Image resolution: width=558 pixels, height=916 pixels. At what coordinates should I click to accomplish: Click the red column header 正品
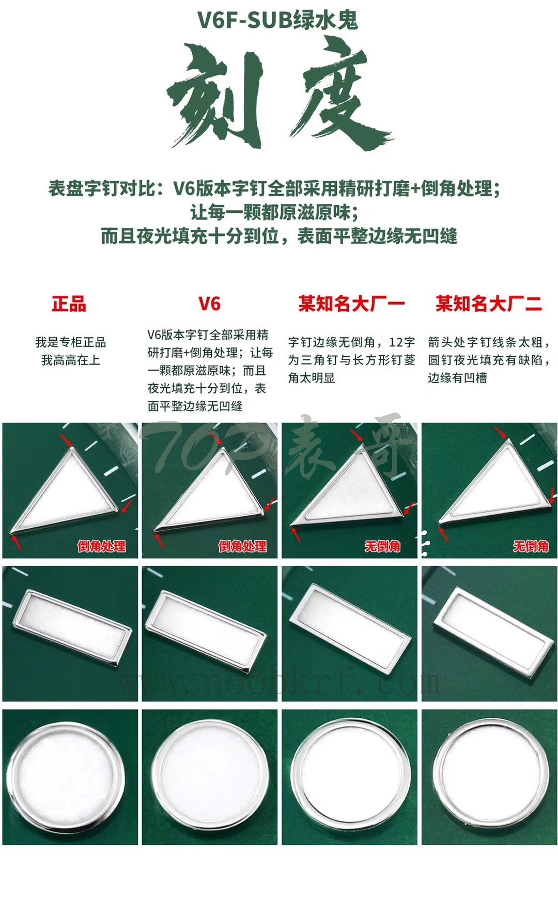pos(69,304)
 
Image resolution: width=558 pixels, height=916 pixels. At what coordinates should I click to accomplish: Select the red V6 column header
pos(209,304)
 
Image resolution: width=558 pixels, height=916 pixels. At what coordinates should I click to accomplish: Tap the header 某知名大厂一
pos(351,304)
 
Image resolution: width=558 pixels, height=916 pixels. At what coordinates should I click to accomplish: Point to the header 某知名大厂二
pos(489,304)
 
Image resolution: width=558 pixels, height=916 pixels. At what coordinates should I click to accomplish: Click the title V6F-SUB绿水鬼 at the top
pos(278,20)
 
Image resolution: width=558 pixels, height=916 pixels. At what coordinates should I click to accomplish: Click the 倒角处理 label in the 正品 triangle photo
pos(101,546)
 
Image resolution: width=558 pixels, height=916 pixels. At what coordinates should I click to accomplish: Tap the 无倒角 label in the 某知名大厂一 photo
pos(382,546)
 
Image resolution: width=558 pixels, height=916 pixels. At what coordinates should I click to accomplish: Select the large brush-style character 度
pos(338,96)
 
